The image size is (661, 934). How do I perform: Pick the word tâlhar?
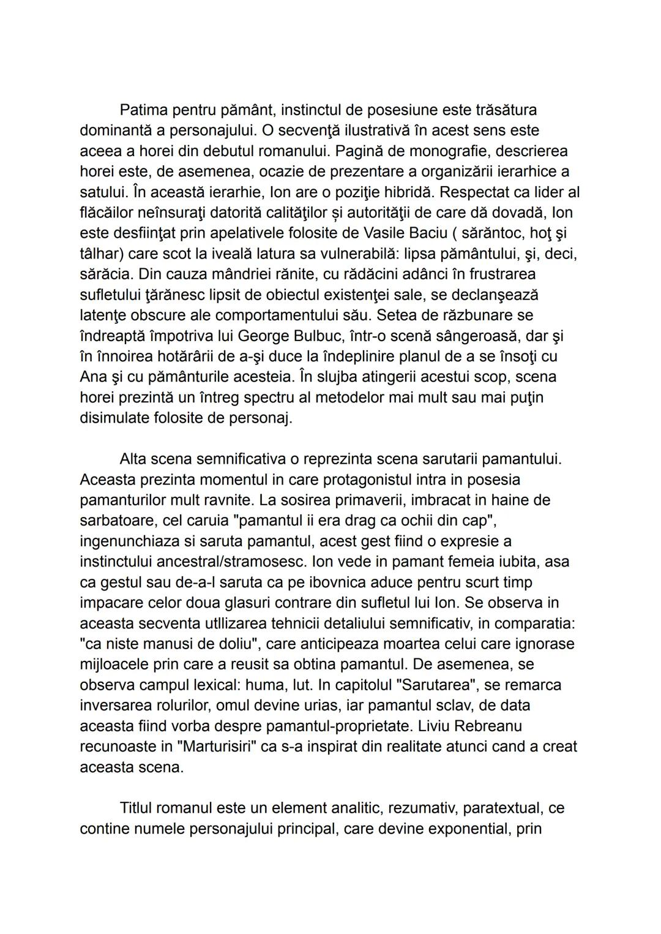[x=101, y=254]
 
